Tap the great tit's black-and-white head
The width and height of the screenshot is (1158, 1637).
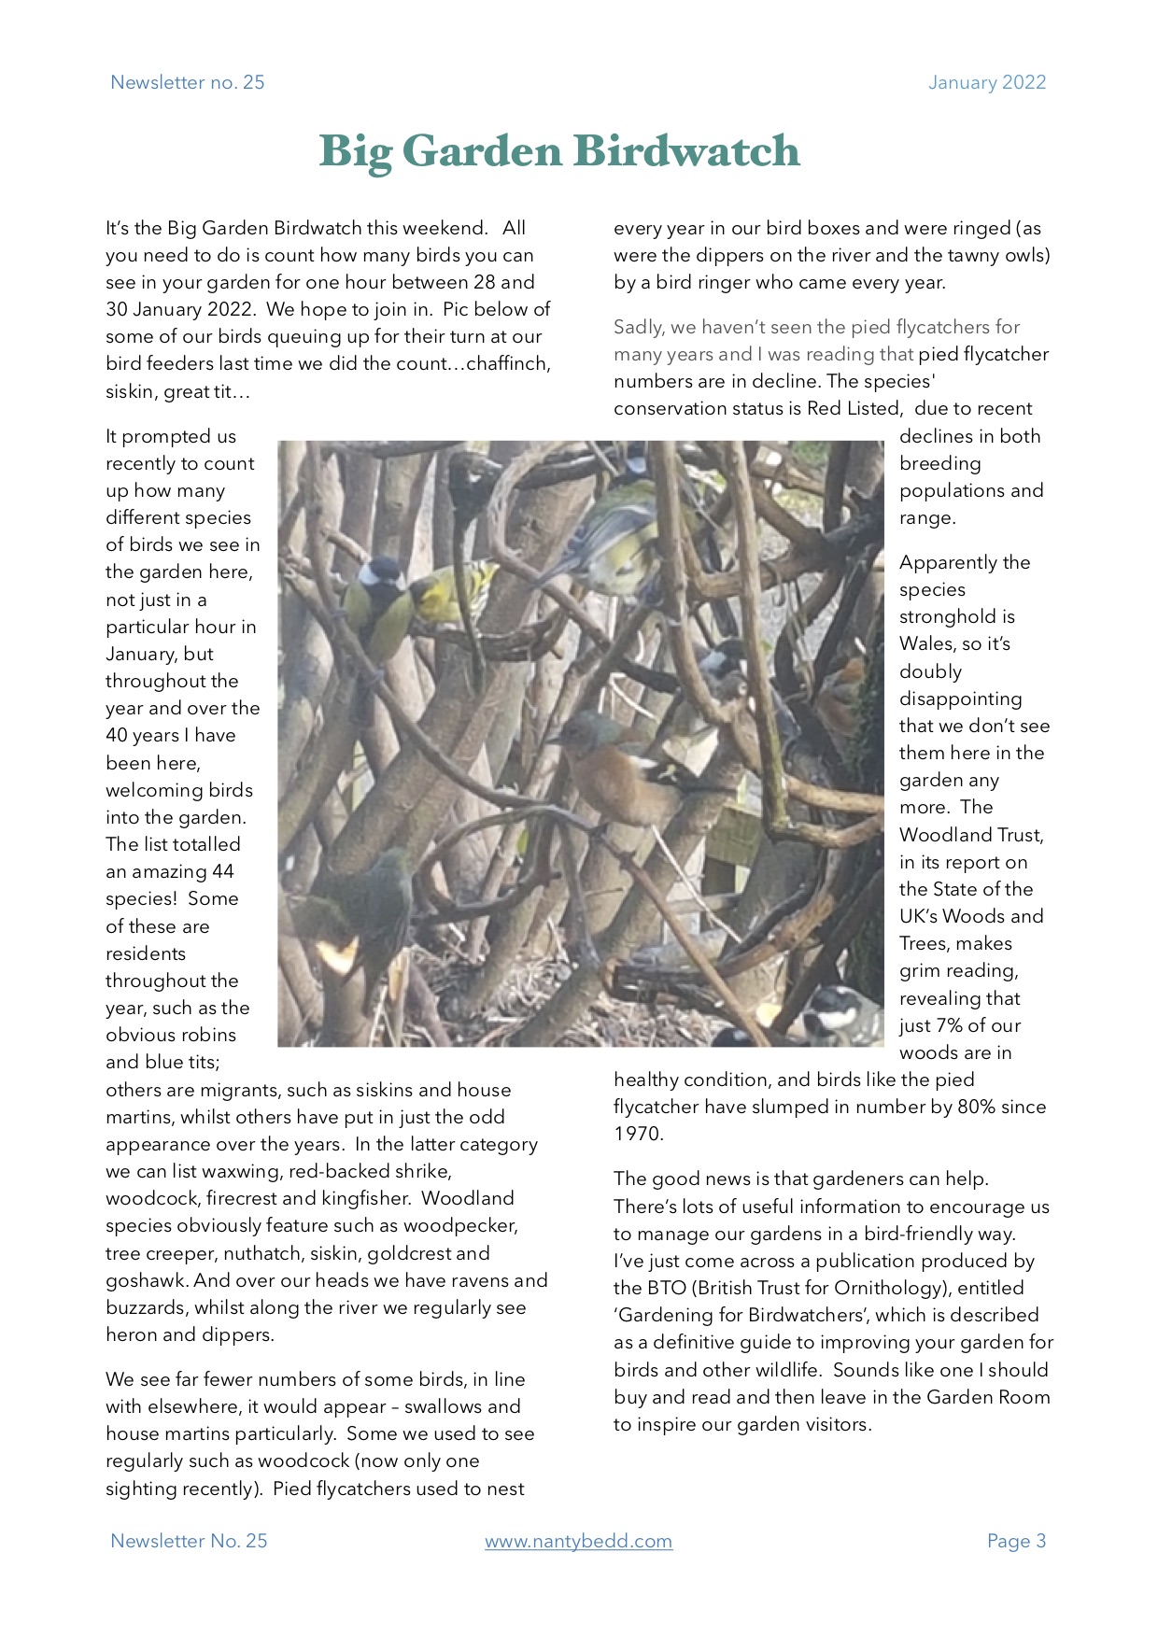click(382, 572)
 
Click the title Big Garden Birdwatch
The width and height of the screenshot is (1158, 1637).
click(559, 151)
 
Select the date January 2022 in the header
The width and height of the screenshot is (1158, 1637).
click(986, 82)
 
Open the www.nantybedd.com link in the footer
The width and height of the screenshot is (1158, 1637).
click(578, 1541)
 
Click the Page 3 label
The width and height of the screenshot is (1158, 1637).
click(1016, 1541)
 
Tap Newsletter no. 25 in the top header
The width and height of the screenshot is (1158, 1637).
click(188, 82)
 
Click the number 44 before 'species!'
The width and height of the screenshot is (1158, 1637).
click(222, 871)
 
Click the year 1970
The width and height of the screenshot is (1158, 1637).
click(639, 1134)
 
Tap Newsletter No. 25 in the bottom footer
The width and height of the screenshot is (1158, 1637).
click(189, 1541)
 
